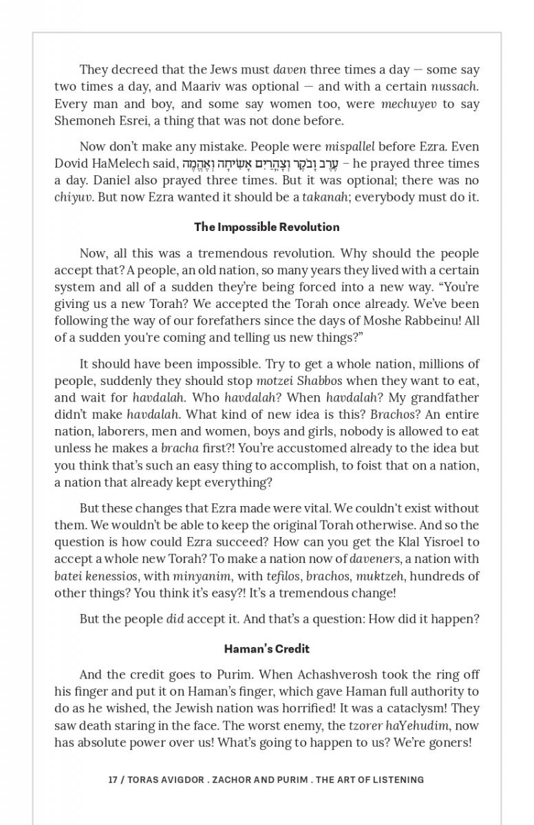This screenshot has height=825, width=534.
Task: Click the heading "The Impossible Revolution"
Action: point(266,227)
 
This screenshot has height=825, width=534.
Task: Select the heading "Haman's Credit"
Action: point(266,648)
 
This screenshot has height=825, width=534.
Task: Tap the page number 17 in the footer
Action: point(112,780)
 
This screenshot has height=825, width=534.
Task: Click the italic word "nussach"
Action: point(454,87)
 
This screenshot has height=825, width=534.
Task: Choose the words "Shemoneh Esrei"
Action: point(93,120)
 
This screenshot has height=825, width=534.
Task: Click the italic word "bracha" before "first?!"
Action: point(180,448)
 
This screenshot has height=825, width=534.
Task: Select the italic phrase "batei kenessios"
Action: point(96,576)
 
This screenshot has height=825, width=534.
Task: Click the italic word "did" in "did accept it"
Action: point(175,619)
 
